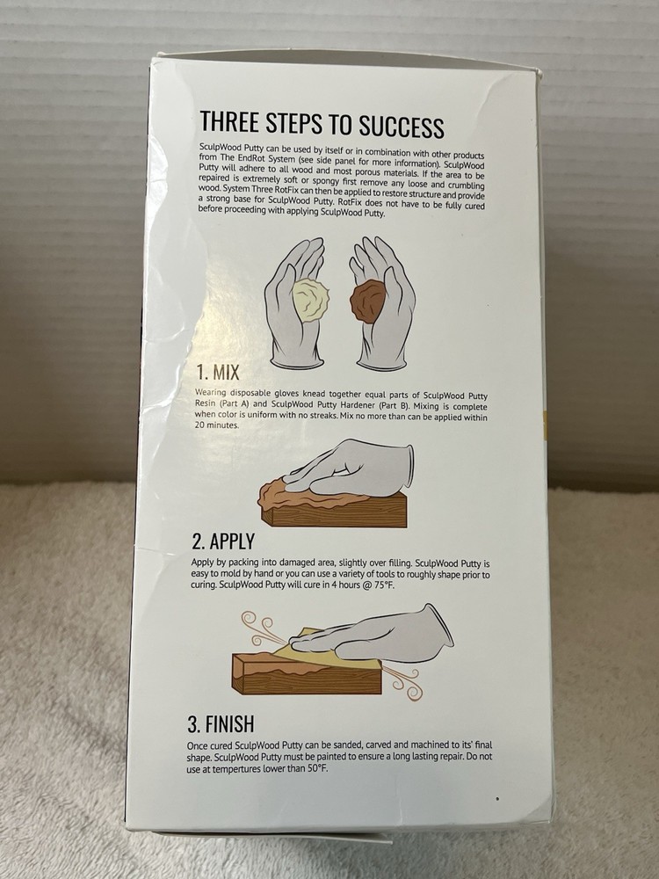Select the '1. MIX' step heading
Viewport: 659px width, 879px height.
coord(218,372)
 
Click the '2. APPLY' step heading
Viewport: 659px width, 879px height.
coord(223,541)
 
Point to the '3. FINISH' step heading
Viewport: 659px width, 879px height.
coord(221,723)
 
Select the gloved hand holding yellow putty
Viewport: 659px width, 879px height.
coord(294,303)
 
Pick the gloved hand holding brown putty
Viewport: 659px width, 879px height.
coord(382,303)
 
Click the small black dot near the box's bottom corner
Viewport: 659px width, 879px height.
coord(497,798)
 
